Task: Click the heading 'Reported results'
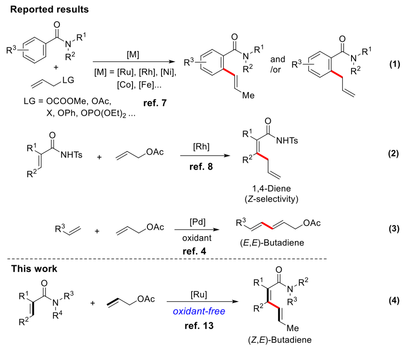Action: pyautogui.click(x=50, y=9)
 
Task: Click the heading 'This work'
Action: pyautogui.click(x=34, y=269)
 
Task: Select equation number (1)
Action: pyautogui.click(x=394, y=66)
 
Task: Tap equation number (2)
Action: pyautogui.click(x=394, y=154)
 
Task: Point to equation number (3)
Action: pyautogui.click(x=394, y=229)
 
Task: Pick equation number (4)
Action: pyautogui.click(x=394, y=301)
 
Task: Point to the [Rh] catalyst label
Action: pyautogui.click(x=201, y=148)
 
